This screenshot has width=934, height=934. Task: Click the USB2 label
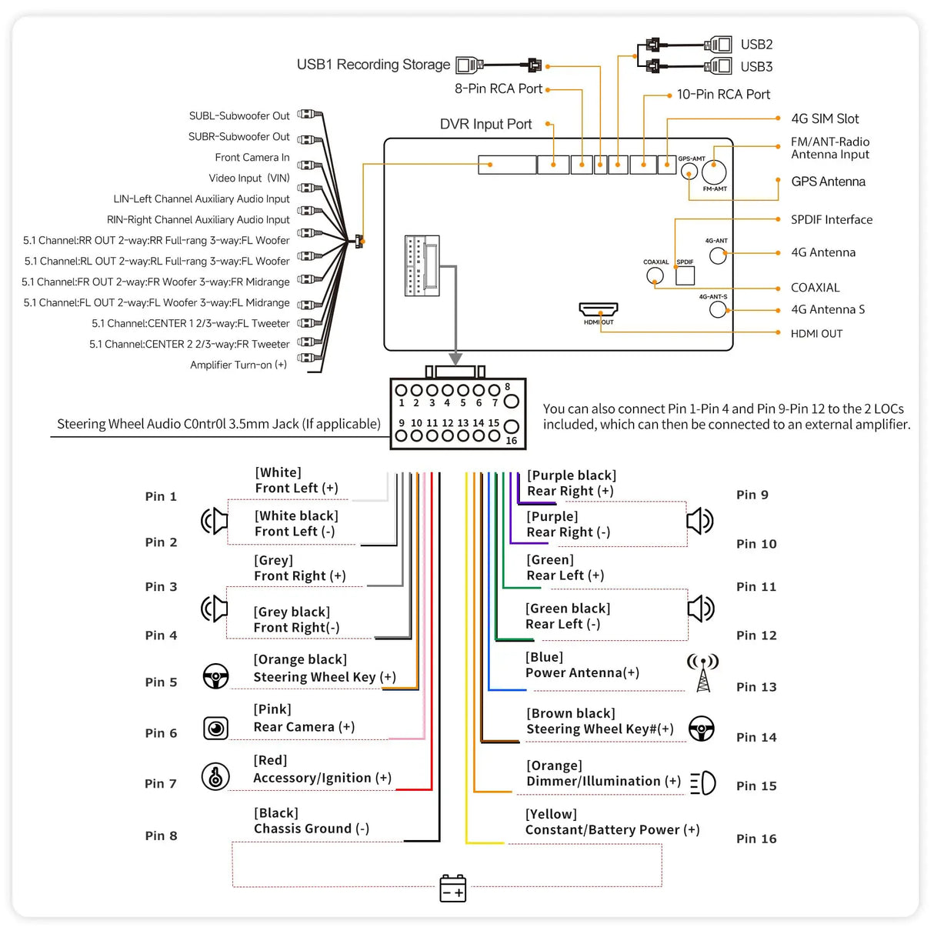756,45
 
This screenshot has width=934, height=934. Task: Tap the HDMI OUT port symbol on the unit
599,309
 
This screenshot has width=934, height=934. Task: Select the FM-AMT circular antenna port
714,172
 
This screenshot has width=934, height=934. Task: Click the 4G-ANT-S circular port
718,309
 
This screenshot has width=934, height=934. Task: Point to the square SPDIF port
685,275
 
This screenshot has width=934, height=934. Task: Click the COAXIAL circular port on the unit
655,275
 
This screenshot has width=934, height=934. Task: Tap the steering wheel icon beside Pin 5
215,676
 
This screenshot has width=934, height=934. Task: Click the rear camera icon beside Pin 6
215,728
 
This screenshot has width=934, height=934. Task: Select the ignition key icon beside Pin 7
215,776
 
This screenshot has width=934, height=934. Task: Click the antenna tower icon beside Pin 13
703,672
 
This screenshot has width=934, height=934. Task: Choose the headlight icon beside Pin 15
703,784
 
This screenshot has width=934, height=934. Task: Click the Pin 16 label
756,839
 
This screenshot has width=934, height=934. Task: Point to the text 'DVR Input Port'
485,125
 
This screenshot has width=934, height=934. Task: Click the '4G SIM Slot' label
825,118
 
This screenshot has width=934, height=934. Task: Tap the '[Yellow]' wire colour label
551,814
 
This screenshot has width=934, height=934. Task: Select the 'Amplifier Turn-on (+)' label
239,365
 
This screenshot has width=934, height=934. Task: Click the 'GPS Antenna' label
828,182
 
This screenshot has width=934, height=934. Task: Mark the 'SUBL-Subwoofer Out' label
239,116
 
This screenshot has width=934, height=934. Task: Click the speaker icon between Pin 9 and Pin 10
700,521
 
